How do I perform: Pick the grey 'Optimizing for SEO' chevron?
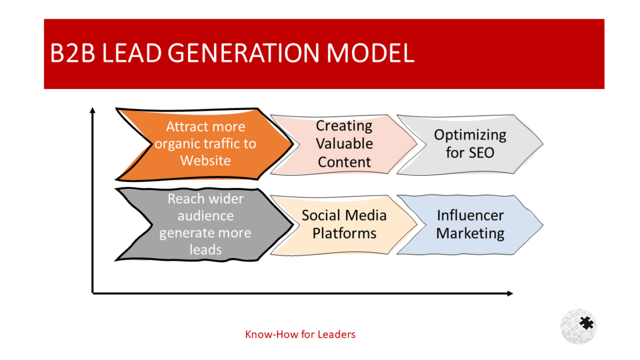pos(471,144)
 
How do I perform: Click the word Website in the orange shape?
pos(205,161)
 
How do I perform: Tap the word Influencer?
pos(470,216)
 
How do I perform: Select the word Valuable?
pos(344,144)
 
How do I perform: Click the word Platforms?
pos(344,234)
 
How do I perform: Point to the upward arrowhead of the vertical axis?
pos(93,110)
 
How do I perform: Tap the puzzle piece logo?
pos(579,326)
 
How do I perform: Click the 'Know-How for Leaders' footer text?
pos(300,334)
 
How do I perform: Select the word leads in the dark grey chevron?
pos(205,250)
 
